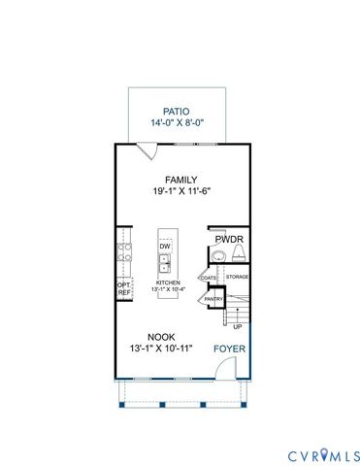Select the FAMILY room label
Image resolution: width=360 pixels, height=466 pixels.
(180, 180)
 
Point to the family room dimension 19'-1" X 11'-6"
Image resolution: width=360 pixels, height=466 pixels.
(180, 192)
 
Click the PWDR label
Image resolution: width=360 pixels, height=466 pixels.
(229, 238)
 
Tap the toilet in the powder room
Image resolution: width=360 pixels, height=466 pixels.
(238, 255)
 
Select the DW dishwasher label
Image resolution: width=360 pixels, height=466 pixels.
(165, 248)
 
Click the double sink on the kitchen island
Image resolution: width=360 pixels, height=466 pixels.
(166, 265)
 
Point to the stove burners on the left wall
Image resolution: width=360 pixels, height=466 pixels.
(123, 254)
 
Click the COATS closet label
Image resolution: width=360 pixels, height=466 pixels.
(209, 278)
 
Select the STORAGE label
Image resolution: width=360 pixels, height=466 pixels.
(238, 278)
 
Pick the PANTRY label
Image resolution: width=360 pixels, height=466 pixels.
(213, 299)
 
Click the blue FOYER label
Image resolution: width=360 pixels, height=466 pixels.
(228, 348)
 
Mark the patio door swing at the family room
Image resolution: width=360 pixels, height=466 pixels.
(146, 150)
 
